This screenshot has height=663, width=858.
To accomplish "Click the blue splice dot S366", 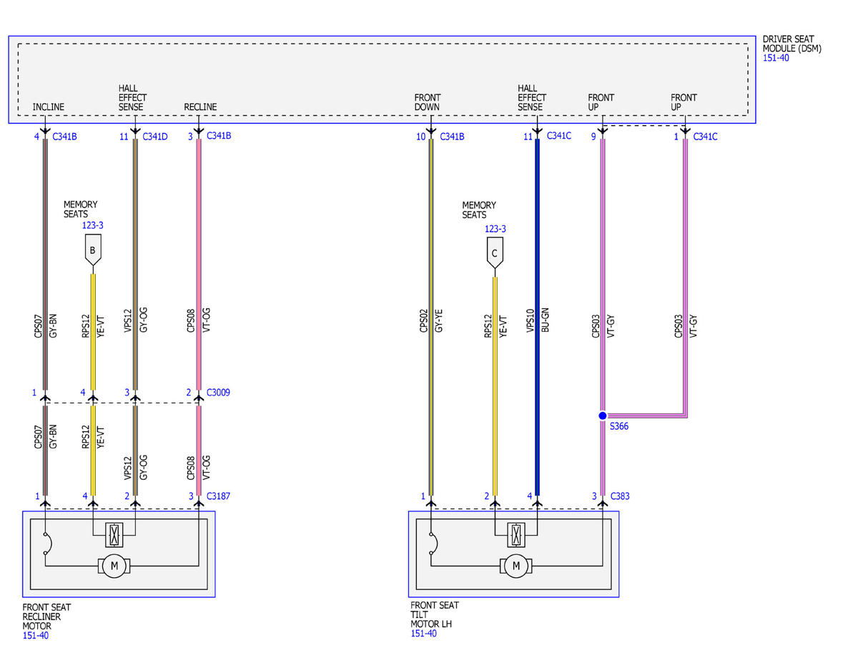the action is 602,416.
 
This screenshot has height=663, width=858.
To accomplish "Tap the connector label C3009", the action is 218,393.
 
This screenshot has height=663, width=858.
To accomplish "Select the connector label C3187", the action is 218,496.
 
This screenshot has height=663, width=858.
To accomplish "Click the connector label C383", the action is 620,496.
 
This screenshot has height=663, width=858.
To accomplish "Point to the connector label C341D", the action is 154,137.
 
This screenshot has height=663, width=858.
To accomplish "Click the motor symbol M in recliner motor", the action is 114,566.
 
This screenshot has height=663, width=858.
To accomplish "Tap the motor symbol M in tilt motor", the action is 516,566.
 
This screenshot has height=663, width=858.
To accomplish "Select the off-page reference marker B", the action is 93,250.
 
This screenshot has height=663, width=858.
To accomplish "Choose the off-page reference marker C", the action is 495,253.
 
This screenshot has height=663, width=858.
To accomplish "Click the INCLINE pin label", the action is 48,107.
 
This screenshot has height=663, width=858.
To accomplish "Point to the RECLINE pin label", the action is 200,107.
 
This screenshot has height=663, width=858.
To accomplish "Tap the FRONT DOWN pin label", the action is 428,102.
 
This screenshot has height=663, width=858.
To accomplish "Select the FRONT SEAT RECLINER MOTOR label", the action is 46,617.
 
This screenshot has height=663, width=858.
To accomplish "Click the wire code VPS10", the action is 531,320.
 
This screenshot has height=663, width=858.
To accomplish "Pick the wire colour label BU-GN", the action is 545,320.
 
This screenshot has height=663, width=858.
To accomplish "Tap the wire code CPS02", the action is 423,320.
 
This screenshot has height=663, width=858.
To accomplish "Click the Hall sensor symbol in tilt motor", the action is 516,535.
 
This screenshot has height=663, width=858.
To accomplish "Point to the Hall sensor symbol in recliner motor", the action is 114,535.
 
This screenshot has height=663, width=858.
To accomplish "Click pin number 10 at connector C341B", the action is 421,137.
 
